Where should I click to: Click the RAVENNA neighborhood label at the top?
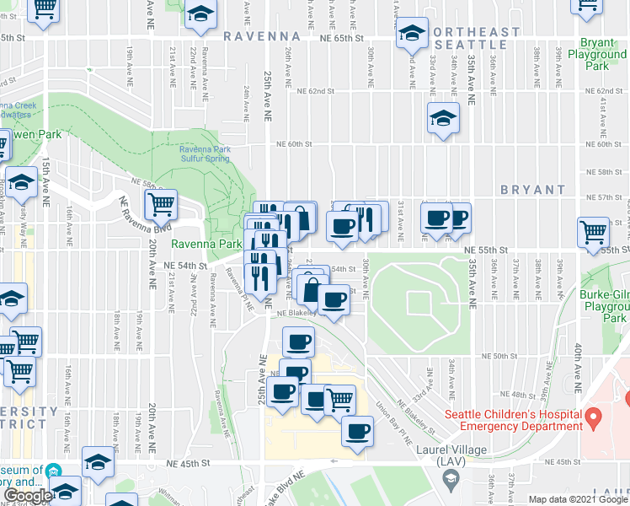click(262, 36)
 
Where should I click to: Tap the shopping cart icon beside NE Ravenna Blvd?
click(160, 204)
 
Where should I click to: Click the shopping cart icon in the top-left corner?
click(45, 8)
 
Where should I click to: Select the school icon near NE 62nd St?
click(442, 119)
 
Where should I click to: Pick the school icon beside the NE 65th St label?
click(411, 33)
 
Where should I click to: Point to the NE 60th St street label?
click(295, 144)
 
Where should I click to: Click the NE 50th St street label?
click(499, 357)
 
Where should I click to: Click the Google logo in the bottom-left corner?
click(27, 496)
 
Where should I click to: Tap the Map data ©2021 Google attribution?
click(578, 499)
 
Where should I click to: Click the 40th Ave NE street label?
click(579, 362)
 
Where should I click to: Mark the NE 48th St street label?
click(523, 395)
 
